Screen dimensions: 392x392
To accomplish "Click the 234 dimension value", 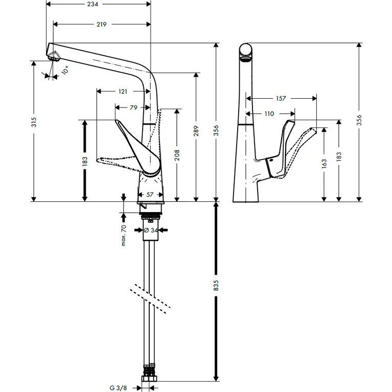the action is tap(93, 4).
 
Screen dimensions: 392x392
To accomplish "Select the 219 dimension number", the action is tap(101, 24).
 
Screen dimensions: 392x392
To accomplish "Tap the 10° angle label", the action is tap(65, 70).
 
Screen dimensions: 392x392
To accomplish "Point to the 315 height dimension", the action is tap(34, 122).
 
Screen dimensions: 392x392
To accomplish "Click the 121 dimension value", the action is tap(123, 91).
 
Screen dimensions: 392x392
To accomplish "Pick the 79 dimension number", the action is tap(133, 107).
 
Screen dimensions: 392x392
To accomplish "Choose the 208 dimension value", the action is tap(177, 155).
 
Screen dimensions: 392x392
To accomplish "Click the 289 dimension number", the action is tap(196, 131).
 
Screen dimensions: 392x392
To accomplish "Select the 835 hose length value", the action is tap(216, 286).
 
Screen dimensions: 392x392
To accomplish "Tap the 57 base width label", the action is tap(150, 195).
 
